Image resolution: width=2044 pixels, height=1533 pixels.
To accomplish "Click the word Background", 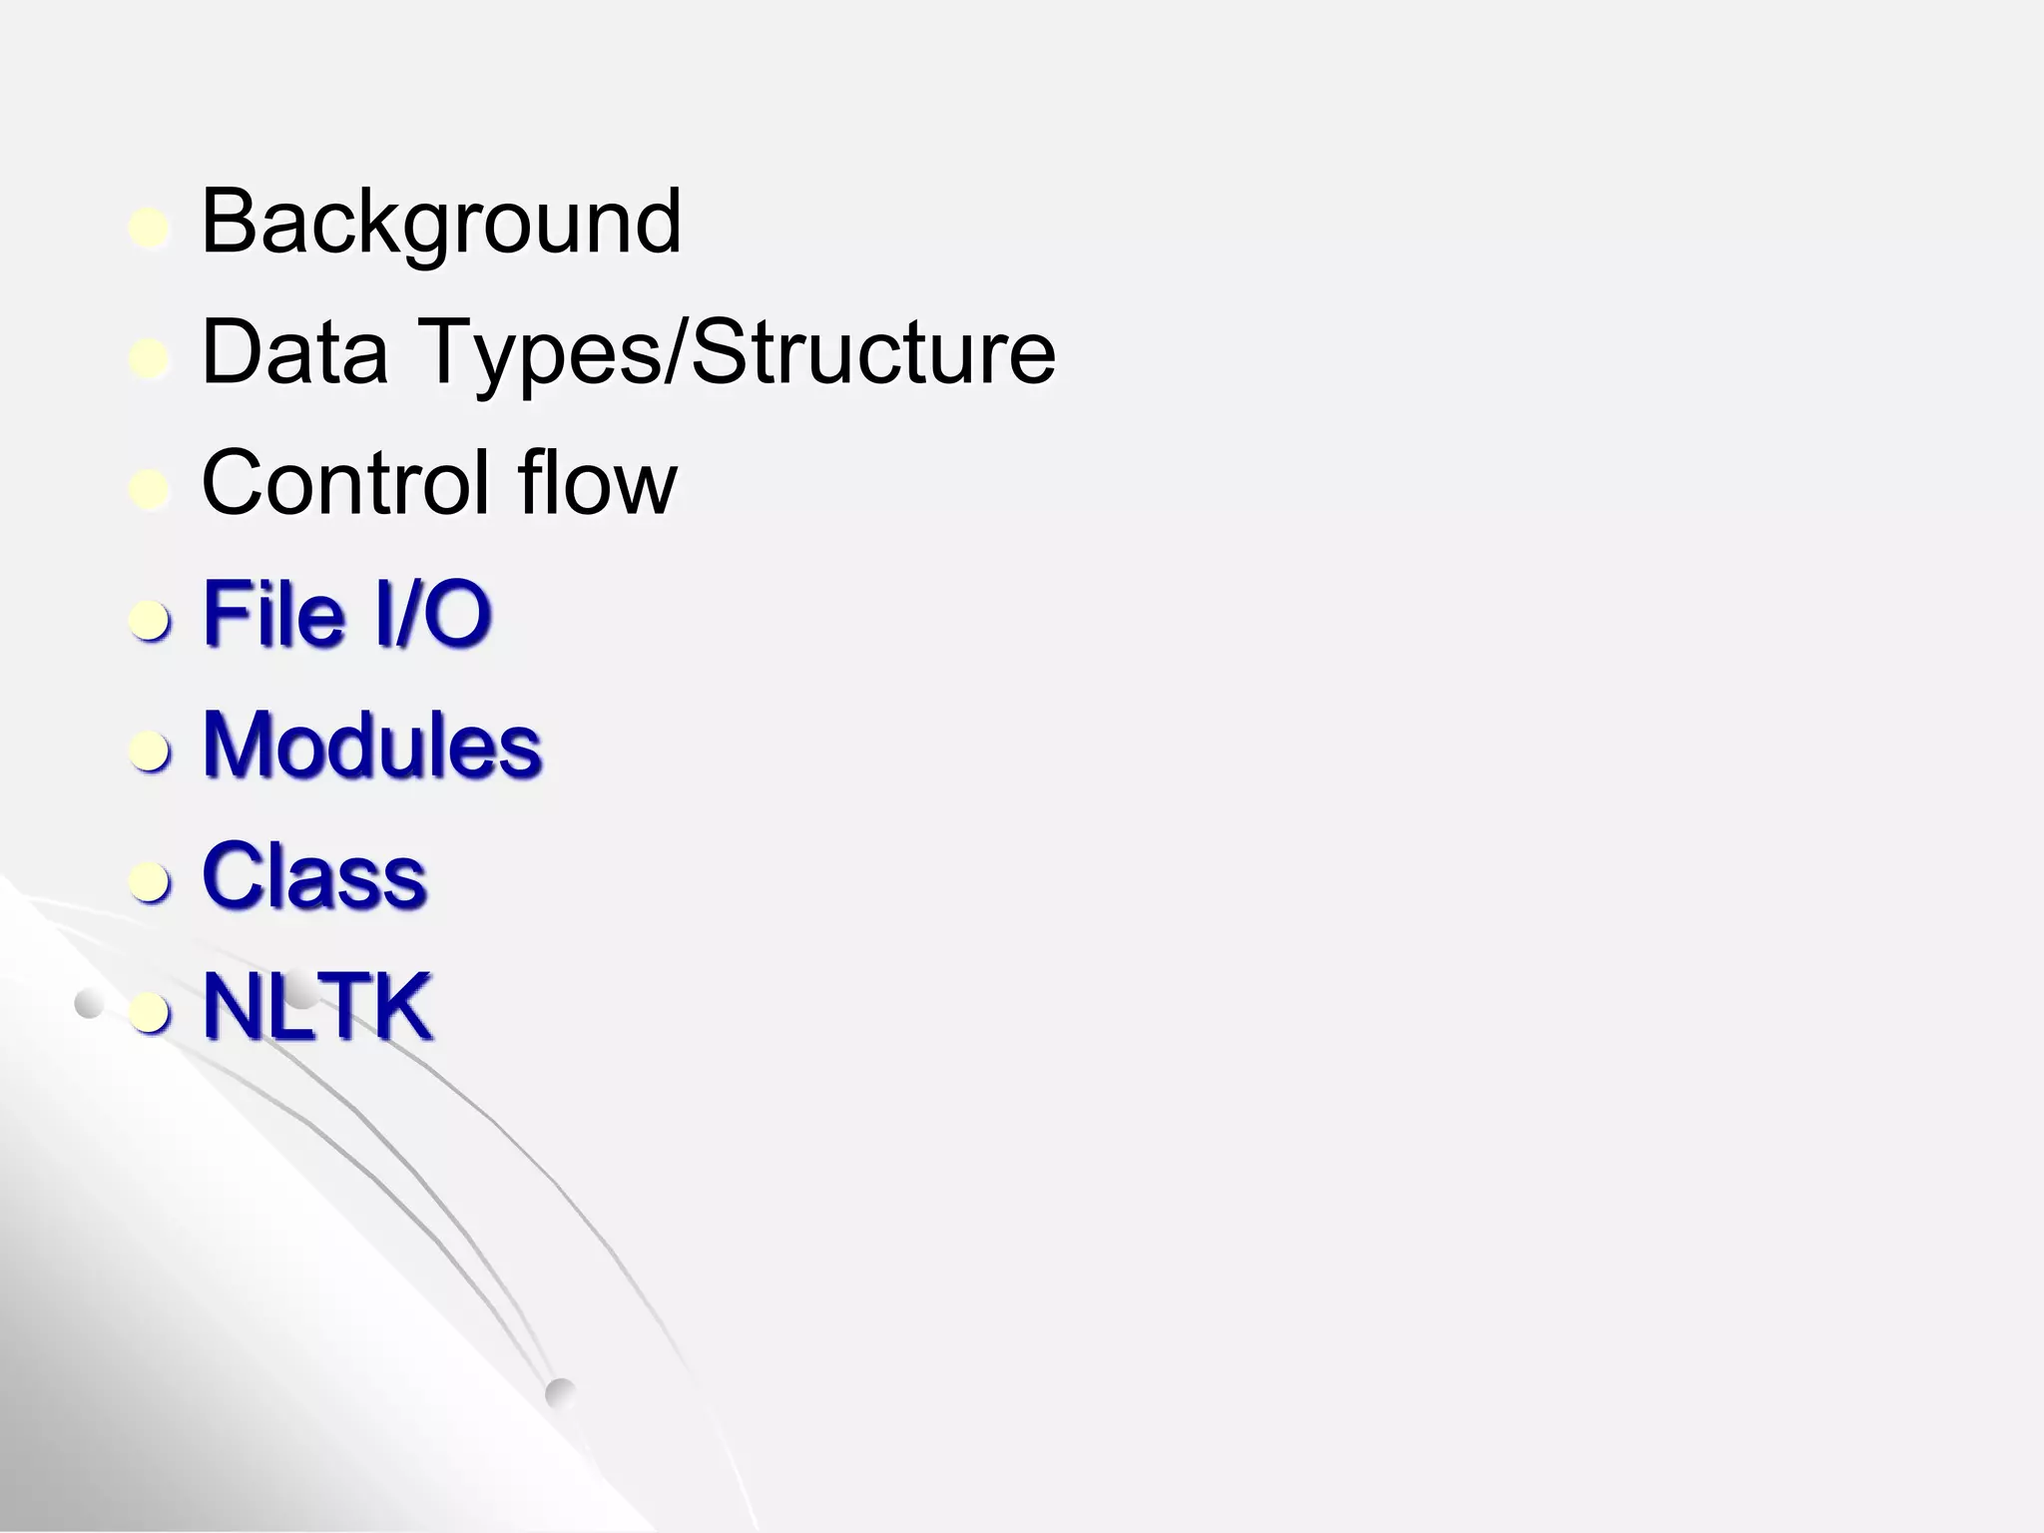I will click(441, 223).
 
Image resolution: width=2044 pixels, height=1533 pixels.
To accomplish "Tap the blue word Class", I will click(314, 875).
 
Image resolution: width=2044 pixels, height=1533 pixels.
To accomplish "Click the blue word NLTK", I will click(317, 1006).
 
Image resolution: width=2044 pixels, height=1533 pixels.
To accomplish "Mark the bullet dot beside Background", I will click(150, 229).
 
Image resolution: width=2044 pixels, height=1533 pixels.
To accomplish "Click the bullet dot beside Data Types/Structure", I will click(150, 359).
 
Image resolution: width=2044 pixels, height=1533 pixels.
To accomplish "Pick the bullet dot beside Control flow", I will click(150, 490).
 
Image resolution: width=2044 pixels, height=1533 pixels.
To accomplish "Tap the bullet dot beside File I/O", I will click(150, 621).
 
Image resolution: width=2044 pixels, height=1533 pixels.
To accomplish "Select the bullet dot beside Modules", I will click(150, 752).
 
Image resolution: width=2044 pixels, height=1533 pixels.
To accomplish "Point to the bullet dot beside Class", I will click(150, 882).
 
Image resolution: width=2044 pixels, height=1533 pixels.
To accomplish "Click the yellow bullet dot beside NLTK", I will click(150, 1013).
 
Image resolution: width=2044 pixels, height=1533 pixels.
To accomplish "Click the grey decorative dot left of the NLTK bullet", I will click(89, 1005).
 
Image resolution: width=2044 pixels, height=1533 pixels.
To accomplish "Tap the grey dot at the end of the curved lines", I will click(561, 1393).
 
